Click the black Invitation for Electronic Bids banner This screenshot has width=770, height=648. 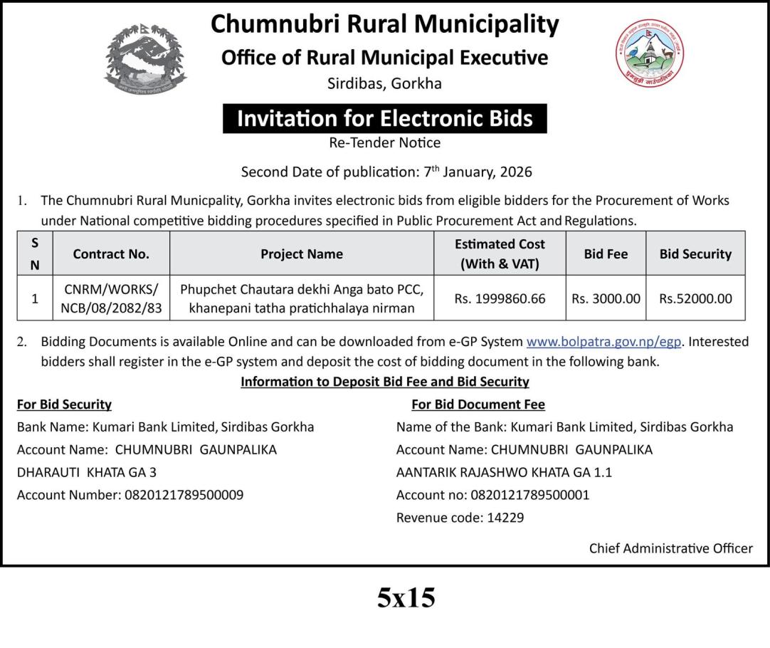pos(384,118)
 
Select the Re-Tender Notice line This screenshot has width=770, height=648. pos(384,142)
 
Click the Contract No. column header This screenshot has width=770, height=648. pos(111,254)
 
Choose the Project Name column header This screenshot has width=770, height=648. pos(302,254)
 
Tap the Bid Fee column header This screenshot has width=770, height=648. pos(606,254)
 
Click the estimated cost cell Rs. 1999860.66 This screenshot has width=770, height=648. pos(500,299)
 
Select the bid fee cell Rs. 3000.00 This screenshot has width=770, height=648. pos(606,299)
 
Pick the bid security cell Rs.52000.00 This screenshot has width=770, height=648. pos(695,299)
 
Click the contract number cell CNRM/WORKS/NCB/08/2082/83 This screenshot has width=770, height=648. pos(111,299)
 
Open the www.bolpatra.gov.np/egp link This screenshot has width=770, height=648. pos(604,342)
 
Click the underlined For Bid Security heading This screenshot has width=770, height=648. pos(64,404)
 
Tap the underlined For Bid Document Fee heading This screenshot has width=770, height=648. pos(478,404)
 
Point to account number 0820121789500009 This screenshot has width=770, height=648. pos(184,494)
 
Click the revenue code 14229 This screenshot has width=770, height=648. pos(505,518)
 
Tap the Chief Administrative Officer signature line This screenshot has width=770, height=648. pos(670,548)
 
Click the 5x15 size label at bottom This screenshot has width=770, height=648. pos(406,597)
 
